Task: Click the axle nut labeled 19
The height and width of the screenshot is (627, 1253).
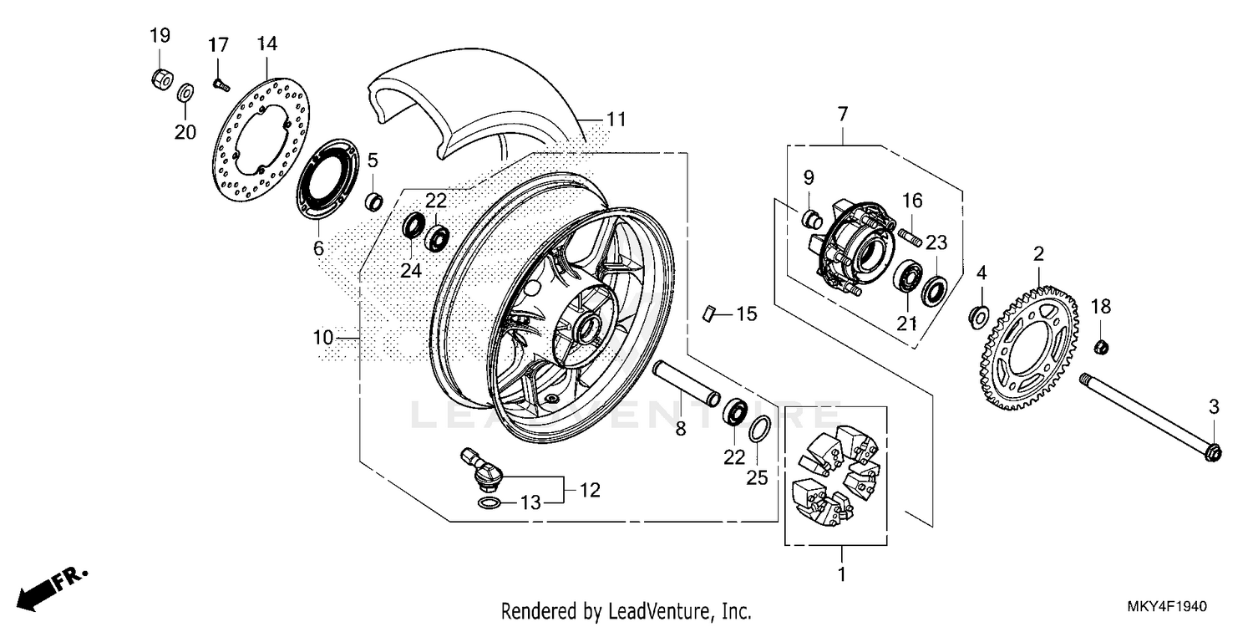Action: (x=160, y=79)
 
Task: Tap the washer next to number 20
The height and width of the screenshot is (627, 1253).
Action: (x=186, y=90)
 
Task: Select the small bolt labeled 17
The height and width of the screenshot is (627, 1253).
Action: (x=220, y=83)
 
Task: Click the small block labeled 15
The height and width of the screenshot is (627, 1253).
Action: (x=709, y=313)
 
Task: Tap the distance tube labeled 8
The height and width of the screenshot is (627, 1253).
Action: (x=687, y=381)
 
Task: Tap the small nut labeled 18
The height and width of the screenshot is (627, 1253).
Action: (x=1101, y=346)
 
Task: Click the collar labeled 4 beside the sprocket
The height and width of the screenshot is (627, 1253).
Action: (x=978, y=315)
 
